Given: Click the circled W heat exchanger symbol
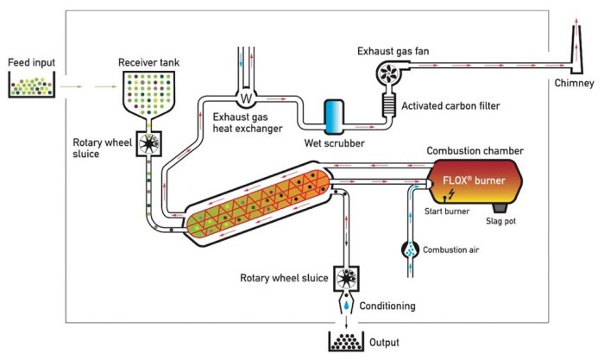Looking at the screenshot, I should [245, 97].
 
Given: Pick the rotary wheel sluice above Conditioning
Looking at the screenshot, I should [348, 279].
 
